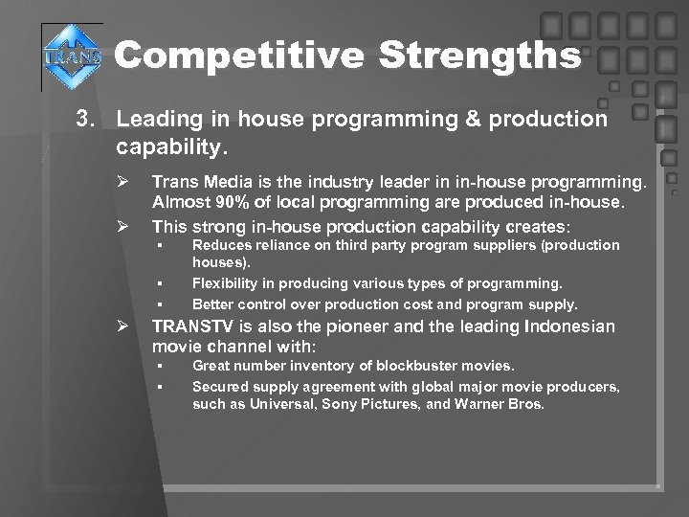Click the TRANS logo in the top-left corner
(x=70, y=56)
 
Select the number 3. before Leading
(x=89, y=120)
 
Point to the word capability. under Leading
(x=172, y=147)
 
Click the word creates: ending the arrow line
(x=537, y=227)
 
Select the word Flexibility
(x=225, y=283)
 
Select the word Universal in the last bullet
(x=279, y=404)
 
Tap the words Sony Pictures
(x=363, y=404)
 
